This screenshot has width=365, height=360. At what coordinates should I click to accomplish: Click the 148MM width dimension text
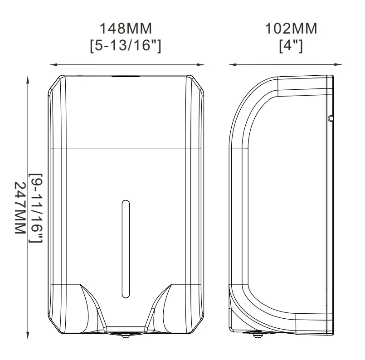[126, 29]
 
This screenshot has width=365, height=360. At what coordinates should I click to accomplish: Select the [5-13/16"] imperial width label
[126, 46]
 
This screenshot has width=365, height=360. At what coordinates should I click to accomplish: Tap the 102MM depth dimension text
[291, 29]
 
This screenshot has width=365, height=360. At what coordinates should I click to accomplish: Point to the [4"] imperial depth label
[291, 46]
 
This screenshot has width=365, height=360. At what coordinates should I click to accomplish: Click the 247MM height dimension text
[20, 208]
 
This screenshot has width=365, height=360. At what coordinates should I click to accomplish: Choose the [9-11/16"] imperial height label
[36, 208]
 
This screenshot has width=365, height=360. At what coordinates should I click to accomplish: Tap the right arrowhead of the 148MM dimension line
[200, 65]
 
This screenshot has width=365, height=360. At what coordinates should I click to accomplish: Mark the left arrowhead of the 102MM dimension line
[233, 65]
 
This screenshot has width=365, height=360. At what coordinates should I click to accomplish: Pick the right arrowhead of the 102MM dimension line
[338, 65]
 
